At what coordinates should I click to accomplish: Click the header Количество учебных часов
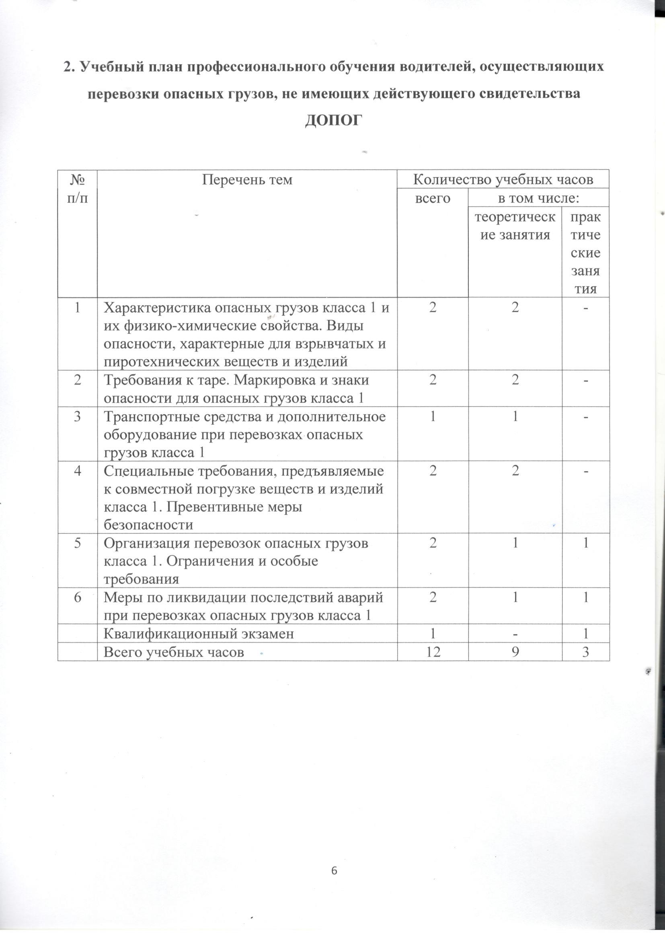(503, 179)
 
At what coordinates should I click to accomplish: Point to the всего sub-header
(433, 199)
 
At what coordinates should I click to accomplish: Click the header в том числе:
(538, 199)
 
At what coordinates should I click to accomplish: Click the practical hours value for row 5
(586, 544)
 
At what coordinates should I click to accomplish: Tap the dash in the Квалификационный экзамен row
(515, 634)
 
